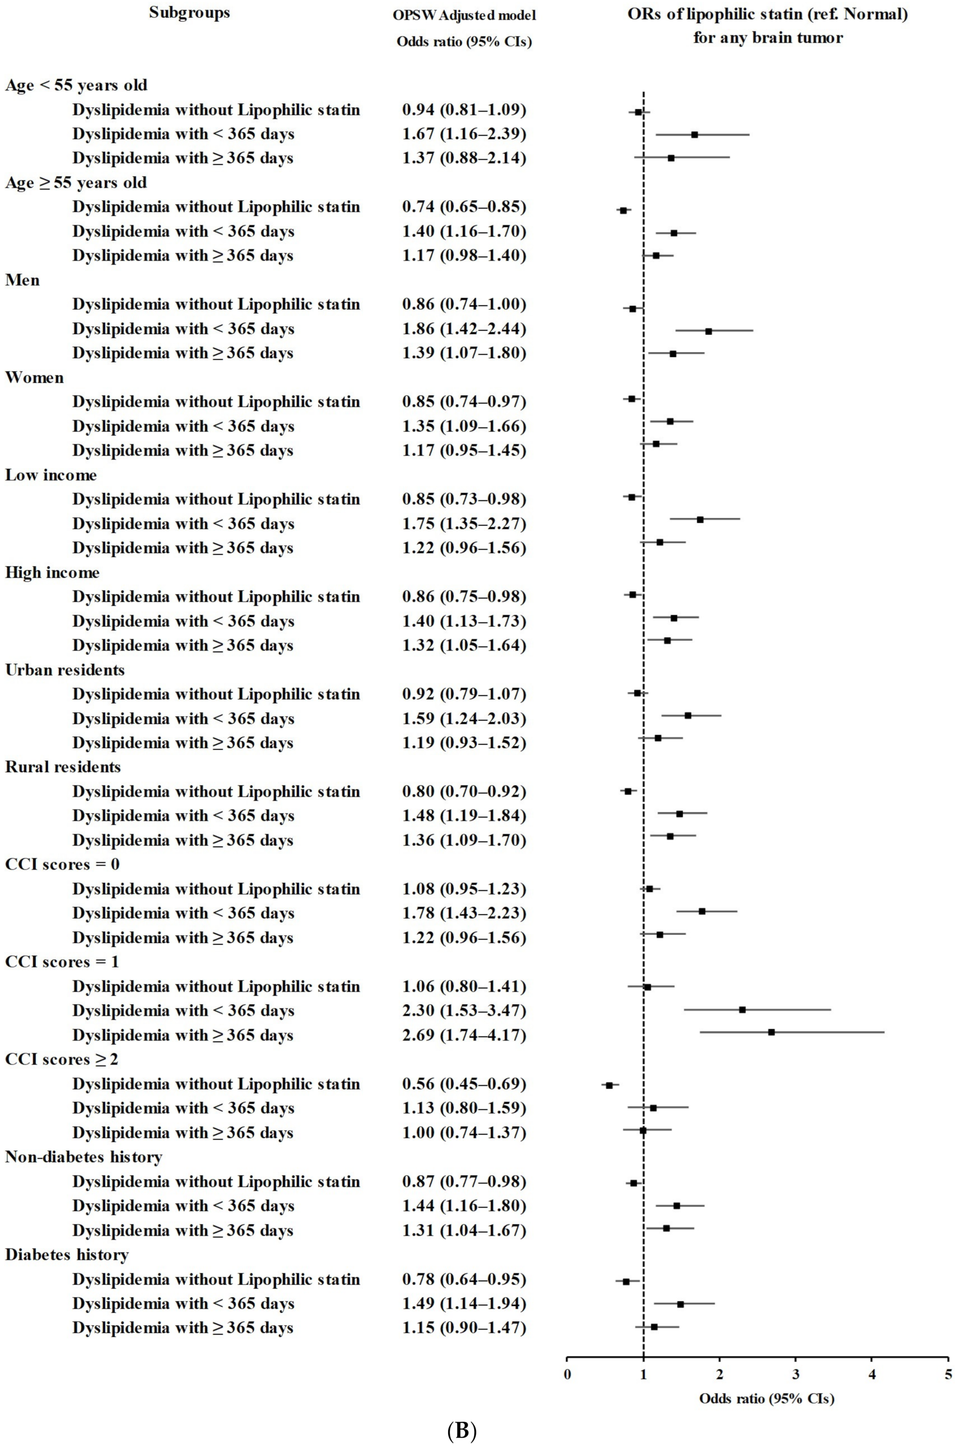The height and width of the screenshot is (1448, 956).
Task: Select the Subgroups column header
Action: (190, 13)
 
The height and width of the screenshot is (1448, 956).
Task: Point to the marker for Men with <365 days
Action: (708, 331)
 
